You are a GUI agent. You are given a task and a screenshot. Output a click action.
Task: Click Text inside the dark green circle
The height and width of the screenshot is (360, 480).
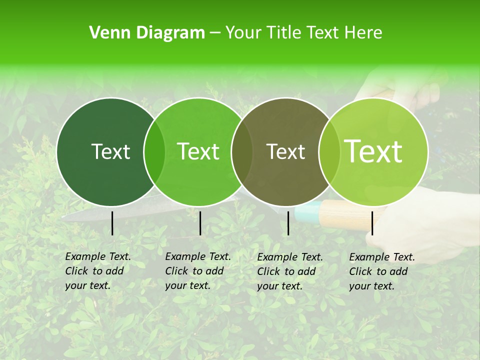click(111, 151)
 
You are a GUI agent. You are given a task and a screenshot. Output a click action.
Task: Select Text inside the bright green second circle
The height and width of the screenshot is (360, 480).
click(198, 151)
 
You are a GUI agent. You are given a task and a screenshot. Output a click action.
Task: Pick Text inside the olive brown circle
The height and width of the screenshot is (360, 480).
click(286, 151)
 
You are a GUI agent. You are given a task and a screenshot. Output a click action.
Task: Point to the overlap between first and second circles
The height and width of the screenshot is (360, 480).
click(154, 152)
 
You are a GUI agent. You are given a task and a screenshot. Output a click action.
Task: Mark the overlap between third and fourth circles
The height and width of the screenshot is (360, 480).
click(328, 152)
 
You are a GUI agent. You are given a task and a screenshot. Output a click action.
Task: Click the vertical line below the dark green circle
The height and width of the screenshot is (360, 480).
click(112, 223)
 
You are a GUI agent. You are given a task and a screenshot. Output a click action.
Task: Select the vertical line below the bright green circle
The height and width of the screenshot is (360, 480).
click(200, 223)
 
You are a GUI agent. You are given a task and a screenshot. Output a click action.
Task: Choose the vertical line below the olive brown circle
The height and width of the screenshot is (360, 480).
click(288, 223)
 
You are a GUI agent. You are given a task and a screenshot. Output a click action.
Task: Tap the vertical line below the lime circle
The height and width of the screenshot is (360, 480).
click(372, 223)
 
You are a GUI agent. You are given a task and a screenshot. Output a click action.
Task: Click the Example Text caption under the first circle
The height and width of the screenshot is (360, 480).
click(97, 271)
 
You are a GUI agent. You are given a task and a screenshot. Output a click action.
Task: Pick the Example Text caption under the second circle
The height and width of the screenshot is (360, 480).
click(197, 271)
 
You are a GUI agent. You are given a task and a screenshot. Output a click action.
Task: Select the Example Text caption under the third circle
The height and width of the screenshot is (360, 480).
click(289, 271)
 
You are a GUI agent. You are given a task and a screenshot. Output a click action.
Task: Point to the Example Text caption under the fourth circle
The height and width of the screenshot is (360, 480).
click(381, 271)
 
